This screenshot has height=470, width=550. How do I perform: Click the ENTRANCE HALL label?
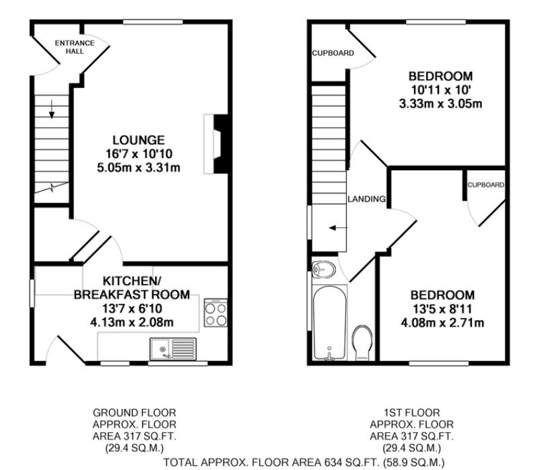tap(75, 47)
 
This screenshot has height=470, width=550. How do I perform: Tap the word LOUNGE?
tap(138, 140)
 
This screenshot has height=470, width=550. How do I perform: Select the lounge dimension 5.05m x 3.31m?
tap(138, 167)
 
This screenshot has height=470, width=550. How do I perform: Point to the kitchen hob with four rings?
tap(215, 314)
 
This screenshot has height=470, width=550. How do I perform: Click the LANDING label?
tap(366, 199)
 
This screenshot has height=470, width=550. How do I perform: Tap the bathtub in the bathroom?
tap(329, 323)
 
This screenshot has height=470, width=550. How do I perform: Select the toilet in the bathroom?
tap(362, 340)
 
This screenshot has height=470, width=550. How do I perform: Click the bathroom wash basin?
tap(324, 268)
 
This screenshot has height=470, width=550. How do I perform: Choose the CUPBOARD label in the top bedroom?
tap(332, 53)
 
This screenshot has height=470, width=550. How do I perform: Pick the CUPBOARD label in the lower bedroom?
tap(485, 184)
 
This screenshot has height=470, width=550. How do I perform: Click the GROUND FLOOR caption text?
tap(125, 412)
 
